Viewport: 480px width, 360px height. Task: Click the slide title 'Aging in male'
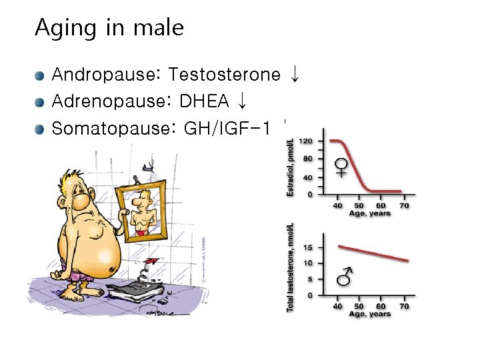point(109,28)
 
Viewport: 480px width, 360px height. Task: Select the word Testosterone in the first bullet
point(225,75)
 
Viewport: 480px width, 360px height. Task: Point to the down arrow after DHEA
point(242,101)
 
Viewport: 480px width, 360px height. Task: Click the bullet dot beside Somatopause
point(41,128)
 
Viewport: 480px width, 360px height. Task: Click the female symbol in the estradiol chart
point(341,167)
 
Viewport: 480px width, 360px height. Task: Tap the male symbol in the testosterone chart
point(345,275)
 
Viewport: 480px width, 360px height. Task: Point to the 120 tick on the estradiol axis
point(306,141)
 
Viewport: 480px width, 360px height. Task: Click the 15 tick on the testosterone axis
point(307,247)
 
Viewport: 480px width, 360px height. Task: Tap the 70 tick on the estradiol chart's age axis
point(404,205)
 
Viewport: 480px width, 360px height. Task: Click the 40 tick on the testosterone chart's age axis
point(338,305)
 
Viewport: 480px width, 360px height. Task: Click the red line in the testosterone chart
point(373,253)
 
